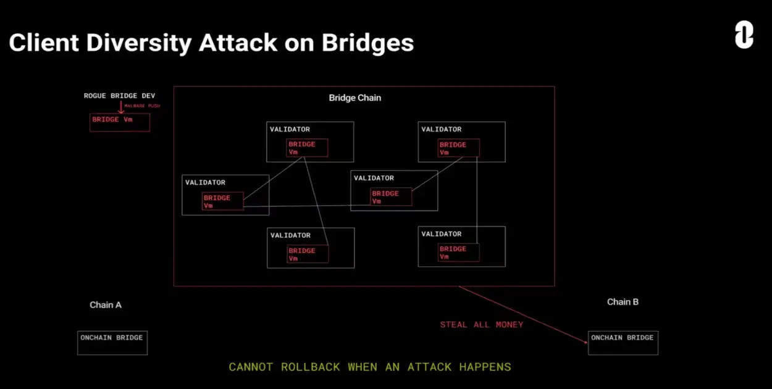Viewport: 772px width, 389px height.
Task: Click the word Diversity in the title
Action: (138, 43)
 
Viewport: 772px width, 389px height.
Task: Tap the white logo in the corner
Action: (744, 35)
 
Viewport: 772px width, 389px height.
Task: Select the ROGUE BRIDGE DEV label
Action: (119, 96)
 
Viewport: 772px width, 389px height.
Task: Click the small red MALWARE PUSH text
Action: (142, 106)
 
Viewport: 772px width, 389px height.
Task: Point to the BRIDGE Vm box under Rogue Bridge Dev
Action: (120, 122)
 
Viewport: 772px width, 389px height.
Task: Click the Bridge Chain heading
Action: (355, 98)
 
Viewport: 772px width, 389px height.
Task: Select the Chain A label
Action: (106, 305)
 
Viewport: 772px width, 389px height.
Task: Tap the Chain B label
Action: (623, 302)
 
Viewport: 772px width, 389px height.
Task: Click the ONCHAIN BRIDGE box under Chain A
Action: (112, 343)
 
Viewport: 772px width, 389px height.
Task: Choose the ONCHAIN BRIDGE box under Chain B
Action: (623, 343)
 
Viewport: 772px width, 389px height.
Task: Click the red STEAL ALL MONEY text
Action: (482, 325)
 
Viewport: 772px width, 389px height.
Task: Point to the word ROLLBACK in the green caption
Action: (310, 367)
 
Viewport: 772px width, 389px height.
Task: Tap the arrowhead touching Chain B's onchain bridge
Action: (585, 342)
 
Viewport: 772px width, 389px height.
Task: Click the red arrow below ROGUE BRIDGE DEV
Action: (120, 107)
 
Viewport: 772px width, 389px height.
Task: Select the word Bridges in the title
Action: (367, 43)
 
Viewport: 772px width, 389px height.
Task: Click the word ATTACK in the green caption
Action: (429, 367)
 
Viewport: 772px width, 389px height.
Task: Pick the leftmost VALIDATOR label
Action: (205, 182)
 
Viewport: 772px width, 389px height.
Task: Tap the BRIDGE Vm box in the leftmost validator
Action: (222, 201)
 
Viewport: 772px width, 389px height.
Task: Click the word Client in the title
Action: (44, 43)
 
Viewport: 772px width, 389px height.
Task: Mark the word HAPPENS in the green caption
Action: (485, 367)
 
